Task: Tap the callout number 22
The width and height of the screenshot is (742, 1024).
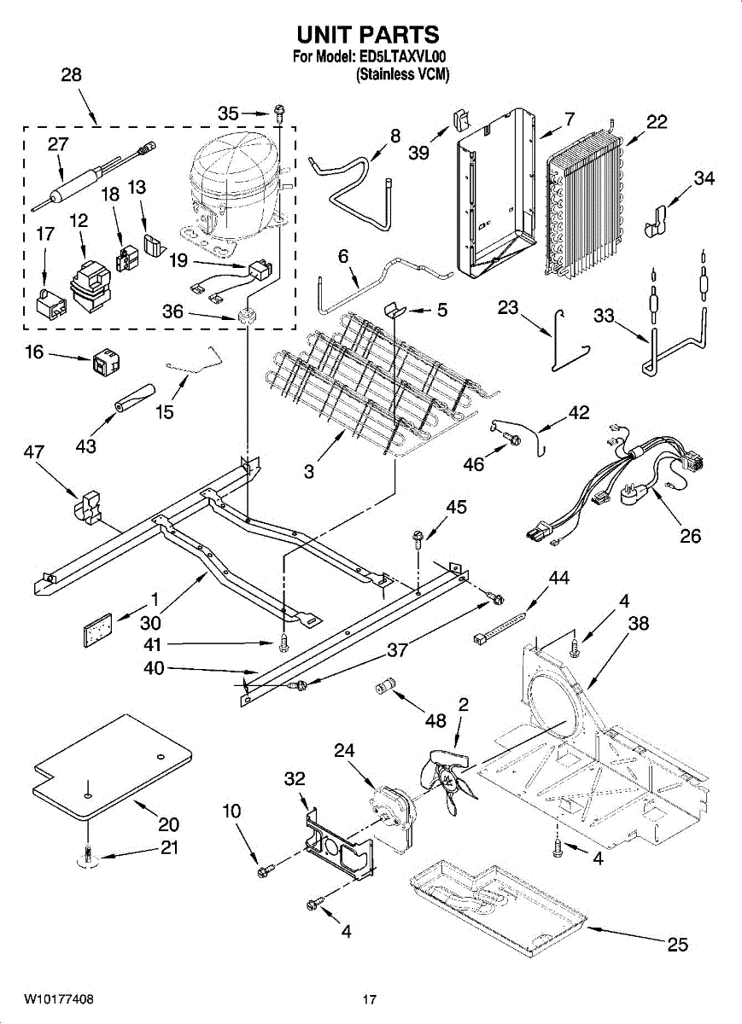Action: point(657,121)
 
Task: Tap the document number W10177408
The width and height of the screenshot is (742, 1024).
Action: point(59,998)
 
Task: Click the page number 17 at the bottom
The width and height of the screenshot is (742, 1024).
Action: point(369,999)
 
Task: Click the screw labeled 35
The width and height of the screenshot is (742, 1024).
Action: point(278,112)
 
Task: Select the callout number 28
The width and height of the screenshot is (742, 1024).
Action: point(71,74)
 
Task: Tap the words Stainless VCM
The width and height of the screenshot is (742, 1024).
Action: point(402,74)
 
